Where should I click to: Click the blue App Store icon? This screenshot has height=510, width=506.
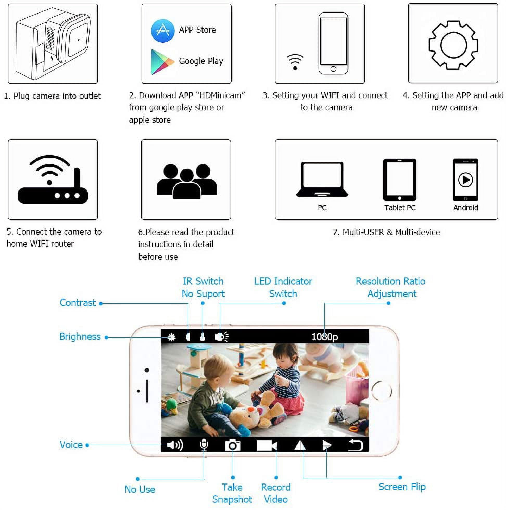click(x=163, y=31)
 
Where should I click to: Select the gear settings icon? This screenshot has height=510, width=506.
click(x=453, y=45)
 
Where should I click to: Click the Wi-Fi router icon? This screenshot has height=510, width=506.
click(x=53, y=180)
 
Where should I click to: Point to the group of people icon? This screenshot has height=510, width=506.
click(x=187, y=181)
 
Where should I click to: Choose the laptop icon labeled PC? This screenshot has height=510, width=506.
click(x=322, y=180)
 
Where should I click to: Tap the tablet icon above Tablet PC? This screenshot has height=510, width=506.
click(x=400, y=180)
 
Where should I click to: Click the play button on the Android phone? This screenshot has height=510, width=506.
click(x=466, y=180)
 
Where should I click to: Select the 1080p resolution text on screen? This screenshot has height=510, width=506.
click(x=325, y=337)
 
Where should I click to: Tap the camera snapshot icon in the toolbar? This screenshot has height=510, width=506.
click(x=232, y=445)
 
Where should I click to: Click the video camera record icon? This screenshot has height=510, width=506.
click(x=267, y=445)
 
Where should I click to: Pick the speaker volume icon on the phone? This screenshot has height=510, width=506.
click(x=175, y=445)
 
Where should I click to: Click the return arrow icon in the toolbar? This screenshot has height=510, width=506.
click(x=356, y=445)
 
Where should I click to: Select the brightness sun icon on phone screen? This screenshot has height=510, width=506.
click(x=171, y=337)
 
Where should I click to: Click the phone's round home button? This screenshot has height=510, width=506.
click(x=382, y=391)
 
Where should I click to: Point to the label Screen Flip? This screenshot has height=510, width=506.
click(x=402, y=487)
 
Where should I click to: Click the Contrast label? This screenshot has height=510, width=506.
click(x=78, y=303)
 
